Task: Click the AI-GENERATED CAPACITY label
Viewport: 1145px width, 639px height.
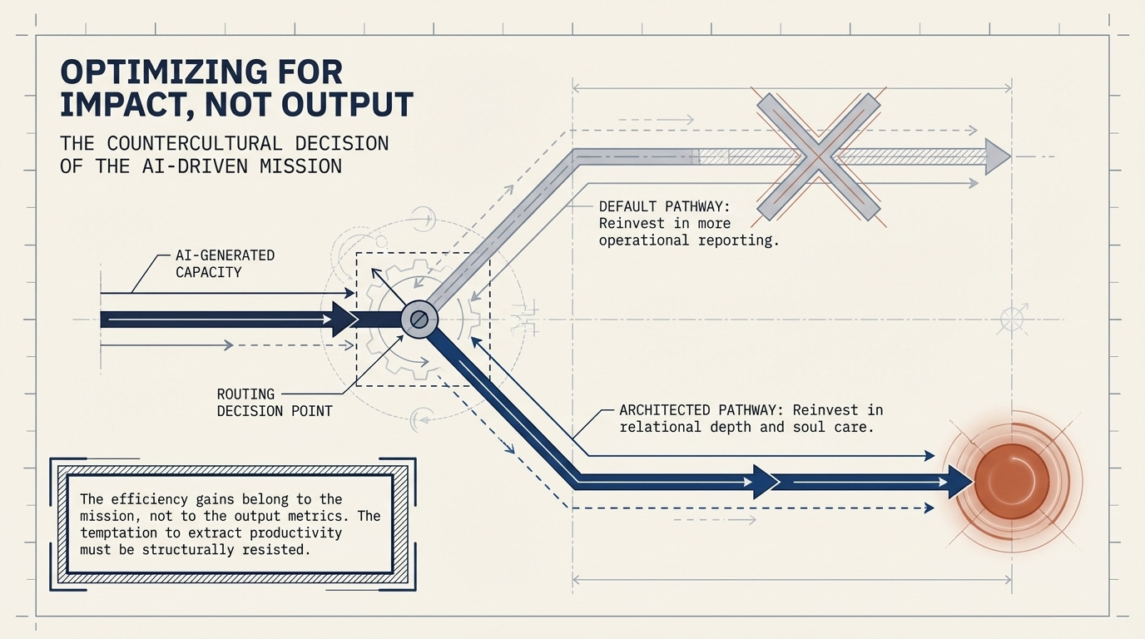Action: click(x=225, y=263)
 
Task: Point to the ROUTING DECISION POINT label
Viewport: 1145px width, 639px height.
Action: click(x=274, y=402)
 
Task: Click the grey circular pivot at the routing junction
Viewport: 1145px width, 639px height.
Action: click(x=419, y=319)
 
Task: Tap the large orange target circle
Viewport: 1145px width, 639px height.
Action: click(x=1012, y=480)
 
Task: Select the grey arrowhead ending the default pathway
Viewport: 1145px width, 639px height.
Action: click(x=997, y=156)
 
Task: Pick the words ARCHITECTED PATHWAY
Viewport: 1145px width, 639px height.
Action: click(x=701, y=410)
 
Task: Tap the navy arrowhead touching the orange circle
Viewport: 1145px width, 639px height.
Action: click(x=959, y=481)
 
